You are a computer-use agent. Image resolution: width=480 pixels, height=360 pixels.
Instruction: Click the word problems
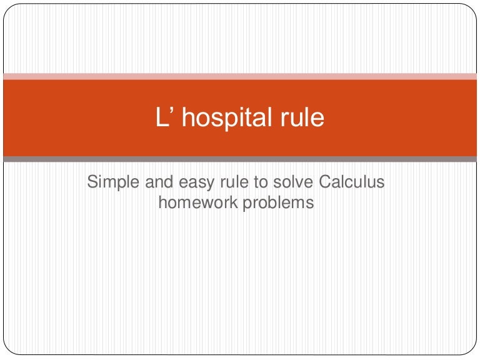pos(279,203)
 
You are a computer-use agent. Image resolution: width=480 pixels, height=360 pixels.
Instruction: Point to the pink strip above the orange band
pos(240,76)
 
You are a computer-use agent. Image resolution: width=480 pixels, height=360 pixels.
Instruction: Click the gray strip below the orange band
pos(240,159)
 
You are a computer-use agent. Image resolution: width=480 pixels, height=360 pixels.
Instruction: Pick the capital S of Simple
pos(92,182)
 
